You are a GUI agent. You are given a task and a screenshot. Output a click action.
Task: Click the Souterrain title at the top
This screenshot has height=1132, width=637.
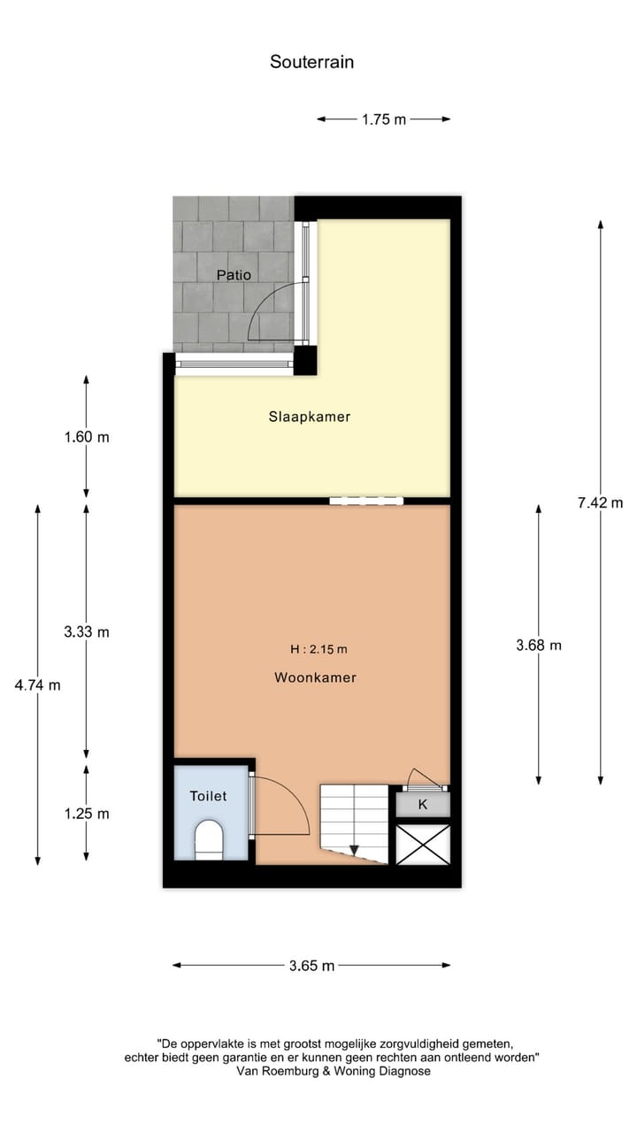coord(311,62)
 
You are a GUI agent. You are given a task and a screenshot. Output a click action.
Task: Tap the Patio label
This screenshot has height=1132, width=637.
coord(234,275)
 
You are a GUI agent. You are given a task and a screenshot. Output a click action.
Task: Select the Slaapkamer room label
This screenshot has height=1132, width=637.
coord(310,417)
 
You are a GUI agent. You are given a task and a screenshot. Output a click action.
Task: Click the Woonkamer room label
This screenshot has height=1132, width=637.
coord(315,677)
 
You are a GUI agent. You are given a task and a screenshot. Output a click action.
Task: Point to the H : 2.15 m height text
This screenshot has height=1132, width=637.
coord(318,649)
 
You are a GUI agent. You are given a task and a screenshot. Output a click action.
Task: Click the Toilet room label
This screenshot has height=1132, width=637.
coord(208,796)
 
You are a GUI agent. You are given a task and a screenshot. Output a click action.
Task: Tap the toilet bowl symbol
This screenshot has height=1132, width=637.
coord(209,839)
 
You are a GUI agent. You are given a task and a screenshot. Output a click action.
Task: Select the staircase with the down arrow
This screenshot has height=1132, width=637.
coord(354,822)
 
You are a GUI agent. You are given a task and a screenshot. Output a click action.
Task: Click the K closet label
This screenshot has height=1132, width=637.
coord(423,805)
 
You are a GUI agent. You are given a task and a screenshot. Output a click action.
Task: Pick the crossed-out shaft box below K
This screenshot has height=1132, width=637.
coord(423,845)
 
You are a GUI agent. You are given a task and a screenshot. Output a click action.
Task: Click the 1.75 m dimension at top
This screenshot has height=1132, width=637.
coord(383,119)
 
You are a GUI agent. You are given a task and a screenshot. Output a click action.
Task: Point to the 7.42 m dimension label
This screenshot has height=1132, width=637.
coord(601,502)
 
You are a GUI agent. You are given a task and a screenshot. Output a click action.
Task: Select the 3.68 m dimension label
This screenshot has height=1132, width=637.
coord(539,645)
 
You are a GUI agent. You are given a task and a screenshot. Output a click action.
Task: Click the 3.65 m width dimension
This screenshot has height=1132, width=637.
coord(311,966)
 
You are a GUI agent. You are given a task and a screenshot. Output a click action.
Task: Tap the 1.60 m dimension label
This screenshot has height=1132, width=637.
coord(87,437)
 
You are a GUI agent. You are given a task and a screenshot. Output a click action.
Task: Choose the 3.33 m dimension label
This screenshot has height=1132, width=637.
coord(87,631)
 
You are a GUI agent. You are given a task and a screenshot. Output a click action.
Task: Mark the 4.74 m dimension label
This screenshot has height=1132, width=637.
coord(38,685)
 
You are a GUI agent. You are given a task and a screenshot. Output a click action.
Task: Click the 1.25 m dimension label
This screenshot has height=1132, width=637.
coord(87,814)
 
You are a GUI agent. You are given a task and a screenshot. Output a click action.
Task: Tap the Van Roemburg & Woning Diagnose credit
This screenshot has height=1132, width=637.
coord(334,1070)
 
